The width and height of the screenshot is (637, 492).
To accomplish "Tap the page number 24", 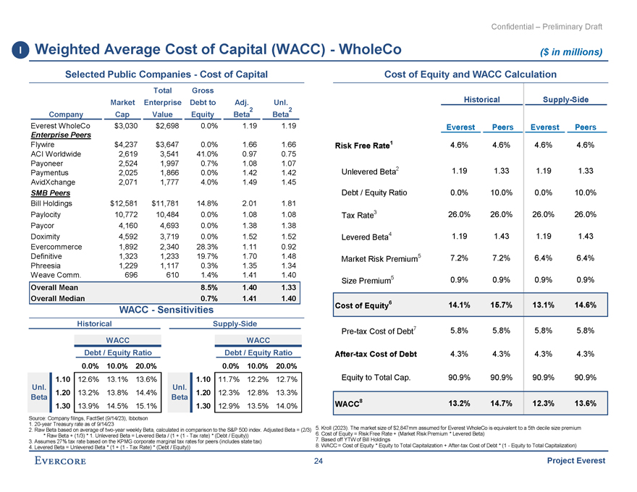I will (x=318, y=463).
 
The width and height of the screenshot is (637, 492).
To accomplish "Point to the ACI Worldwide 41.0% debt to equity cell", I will (x=203, y=153).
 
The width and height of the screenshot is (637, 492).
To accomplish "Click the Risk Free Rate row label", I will (x=363, y=145).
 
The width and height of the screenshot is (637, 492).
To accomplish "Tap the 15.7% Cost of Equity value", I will (x=502, y=305).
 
